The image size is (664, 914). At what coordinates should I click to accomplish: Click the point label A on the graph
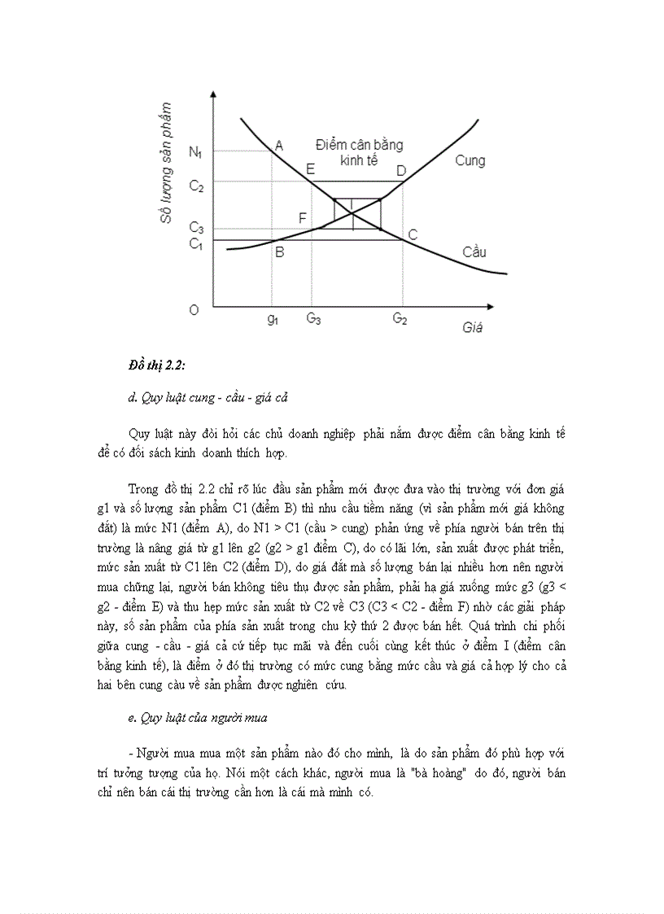pos(279,146)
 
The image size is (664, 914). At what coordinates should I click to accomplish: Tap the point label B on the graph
pos(279,252)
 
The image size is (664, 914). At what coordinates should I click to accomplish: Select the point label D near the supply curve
pos(400,170)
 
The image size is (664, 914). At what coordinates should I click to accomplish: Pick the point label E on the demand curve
pos(310,169)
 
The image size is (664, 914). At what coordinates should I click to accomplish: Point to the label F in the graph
pos(303,218)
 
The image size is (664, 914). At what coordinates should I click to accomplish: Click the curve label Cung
pos(470,160)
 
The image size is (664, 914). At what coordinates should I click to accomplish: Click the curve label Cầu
pos(474,251)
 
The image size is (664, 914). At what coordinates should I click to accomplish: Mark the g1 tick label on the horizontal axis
pos(273,319)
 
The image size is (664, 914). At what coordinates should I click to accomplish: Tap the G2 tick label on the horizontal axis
pos(400,319)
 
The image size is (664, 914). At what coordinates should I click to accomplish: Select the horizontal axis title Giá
pos(472,328)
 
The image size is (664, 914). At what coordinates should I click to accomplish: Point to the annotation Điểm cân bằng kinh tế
pos(359,152)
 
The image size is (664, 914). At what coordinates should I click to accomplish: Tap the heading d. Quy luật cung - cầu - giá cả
pos(210,398)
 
